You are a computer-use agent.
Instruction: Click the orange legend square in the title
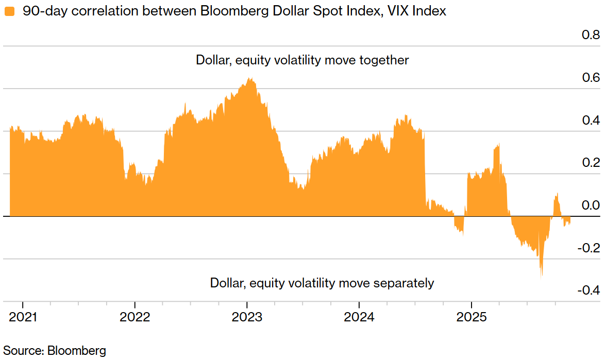(9, 11)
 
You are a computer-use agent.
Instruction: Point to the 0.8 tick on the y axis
(591, 35)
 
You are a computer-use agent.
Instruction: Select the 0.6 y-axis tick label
(591, 78)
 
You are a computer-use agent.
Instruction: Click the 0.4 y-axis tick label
(591, 121)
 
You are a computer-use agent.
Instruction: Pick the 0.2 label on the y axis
(591, 163)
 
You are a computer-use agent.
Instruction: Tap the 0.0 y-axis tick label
(591, 205)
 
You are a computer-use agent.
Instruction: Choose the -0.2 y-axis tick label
(588, 248)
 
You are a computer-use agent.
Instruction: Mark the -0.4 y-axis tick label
(588, 290)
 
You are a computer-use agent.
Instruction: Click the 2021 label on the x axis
(23, 317)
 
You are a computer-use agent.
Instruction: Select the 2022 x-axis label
(134, 317)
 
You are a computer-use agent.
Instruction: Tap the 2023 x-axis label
(247, 317)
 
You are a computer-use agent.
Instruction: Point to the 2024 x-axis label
(359, 317)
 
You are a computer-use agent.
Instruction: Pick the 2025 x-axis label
(472, 317)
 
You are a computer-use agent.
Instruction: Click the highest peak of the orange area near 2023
(250, 79)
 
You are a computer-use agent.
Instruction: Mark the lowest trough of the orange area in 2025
(541, 277)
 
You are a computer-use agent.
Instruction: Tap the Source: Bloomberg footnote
(55, 351)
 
